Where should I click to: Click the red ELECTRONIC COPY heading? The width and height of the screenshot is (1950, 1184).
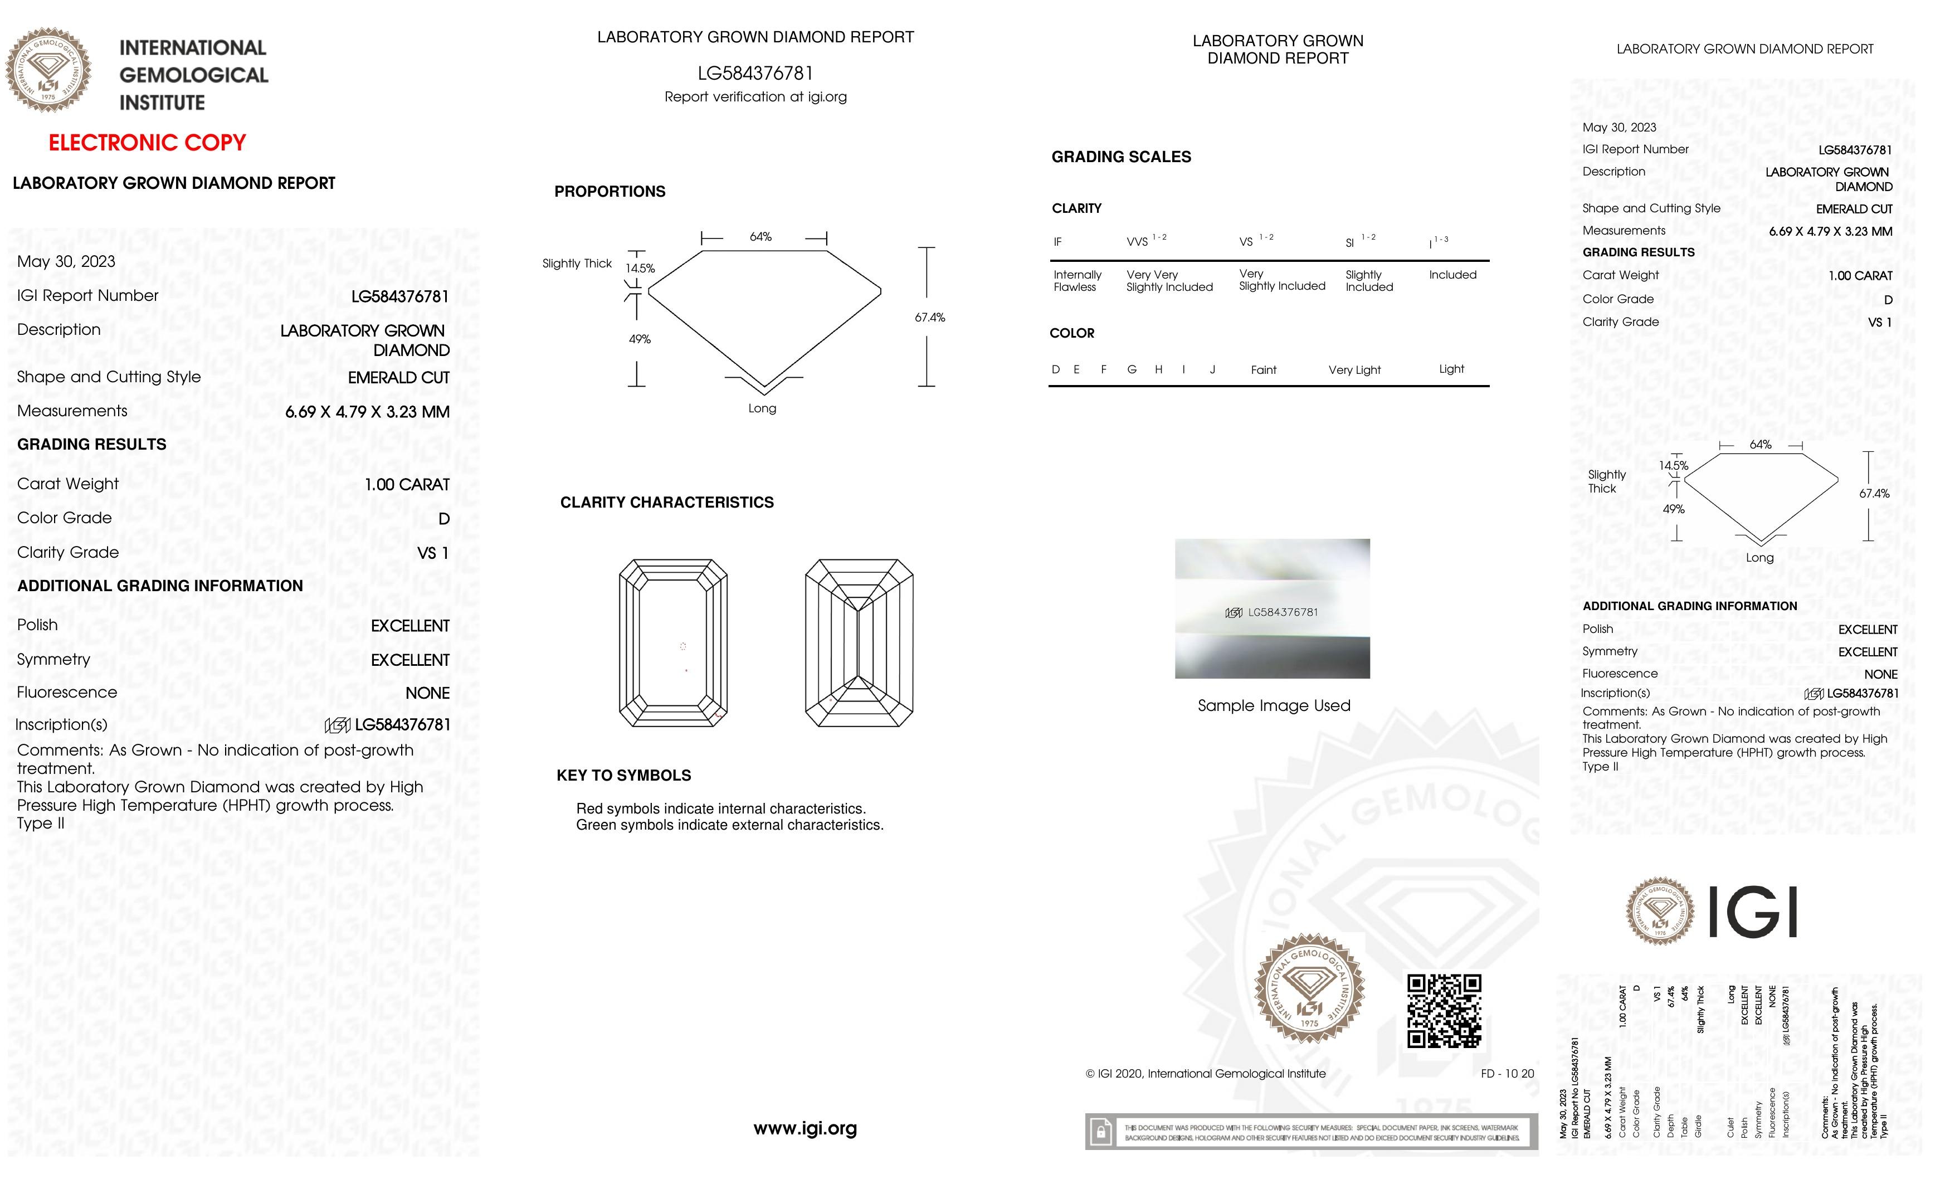click(147, 143)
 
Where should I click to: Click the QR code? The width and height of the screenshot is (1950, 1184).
click(1444, 1011)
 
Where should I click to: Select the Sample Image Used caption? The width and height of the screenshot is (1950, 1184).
click(1274, 705)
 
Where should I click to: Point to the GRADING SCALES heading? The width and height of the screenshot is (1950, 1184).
click(1120, 157)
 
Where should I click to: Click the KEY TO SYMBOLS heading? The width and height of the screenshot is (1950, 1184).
click(623, 776)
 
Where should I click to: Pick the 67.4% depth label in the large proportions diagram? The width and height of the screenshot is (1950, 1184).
click(930, 318)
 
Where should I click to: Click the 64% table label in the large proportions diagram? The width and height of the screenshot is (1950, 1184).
click(760, 237)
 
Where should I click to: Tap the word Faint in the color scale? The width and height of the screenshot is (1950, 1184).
click(1263, 369)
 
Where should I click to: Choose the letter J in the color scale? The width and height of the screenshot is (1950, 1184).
click(1212, 369)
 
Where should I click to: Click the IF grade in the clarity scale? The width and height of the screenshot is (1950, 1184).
click(1057, 242)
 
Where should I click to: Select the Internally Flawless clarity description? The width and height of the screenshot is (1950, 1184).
click(1076, 281)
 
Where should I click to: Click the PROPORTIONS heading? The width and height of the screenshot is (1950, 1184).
click(610, 192)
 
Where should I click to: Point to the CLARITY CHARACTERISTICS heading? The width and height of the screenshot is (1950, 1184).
click(666, 503)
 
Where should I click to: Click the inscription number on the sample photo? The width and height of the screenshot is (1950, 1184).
click(1282, 612)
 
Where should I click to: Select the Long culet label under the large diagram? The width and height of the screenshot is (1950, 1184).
click(762, 408)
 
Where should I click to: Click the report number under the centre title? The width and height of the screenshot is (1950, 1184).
click(755, 74)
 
